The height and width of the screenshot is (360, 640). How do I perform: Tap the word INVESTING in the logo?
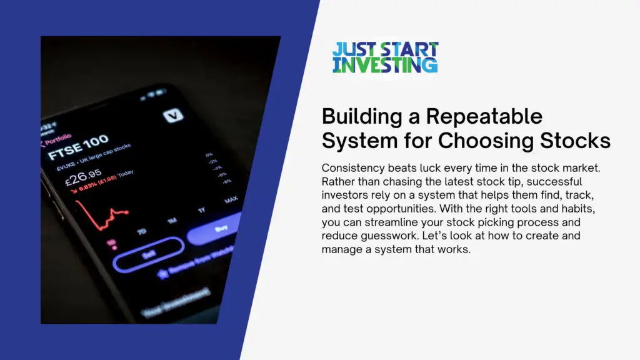(385, 64)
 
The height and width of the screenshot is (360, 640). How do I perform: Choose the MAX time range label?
(231, 200)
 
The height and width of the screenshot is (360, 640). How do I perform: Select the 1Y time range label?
(201, 211)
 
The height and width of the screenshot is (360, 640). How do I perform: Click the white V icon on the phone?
(171, 116)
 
